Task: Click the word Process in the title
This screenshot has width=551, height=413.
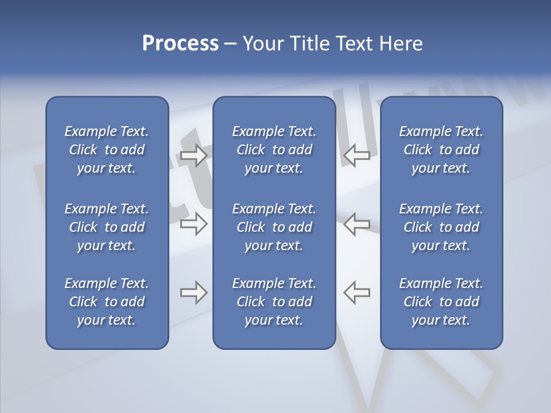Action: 180,44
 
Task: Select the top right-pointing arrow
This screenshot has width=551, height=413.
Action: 193,155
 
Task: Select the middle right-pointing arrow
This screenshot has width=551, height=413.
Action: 193,224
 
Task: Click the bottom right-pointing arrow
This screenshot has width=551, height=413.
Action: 193,293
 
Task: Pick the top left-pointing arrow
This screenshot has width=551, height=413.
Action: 357,155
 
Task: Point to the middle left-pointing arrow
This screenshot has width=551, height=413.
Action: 357,224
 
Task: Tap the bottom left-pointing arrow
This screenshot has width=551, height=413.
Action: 357,293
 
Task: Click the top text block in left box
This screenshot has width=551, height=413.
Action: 107,150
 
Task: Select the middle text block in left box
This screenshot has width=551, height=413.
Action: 107,227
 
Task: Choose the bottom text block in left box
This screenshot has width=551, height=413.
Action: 107,302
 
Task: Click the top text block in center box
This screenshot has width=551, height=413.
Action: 274,150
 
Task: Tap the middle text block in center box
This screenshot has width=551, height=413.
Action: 274,227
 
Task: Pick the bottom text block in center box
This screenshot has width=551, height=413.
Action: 274,302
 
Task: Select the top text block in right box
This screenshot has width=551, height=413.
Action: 441,150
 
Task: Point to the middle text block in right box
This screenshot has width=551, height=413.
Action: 441,227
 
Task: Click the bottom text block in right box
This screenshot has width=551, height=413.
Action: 441,302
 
